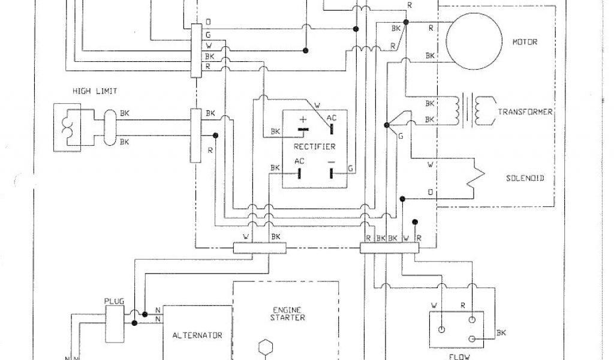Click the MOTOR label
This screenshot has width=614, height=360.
click(524, 43)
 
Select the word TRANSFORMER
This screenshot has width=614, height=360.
click(525, 112)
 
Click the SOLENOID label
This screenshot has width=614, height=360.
click(525, 178)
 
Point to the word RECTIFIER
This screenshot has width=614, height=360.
click(315, 146)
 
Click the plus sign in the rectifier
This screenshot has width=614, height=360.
click(303, 119)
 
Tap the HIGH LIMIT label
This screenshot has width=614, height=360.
click(95, 91)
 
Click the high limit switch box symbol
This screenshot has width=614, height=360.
click(67, 127)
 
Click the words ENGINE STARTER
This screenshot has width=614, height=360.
click(285, 314)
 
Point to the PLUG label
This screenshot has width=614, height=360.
click(114, 302)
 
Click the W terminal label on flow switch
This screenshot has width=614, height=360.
click(435, 305)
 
